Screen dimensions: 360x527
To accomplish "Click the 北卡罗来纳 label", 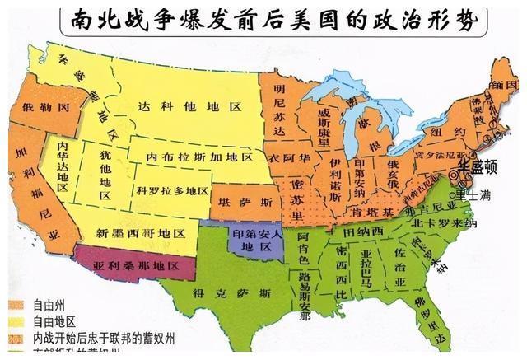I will (452, 222).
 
